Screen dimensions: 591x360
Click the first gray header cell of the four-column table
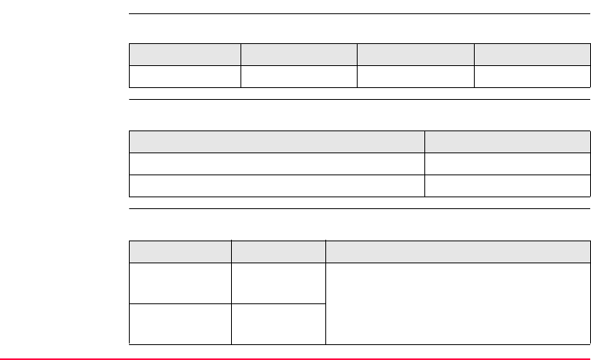(x=185, y=54)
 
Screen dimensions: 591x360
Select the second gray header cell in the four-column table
(x=299, y=54)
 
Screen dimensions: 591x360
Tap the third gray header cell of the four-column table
(x=415, y=54)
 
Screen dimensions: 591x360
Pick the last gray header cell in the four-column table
(x=532, y=54)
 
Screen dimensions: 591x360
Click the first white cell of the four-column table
(x=185, y=75)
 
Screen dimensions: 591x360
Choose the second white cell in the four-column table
(x=299, y=75)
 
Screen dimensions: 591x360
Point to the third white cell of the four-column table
(x=415, y=75)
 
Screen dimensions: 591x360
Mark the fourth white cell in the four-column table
(x=532, y=75)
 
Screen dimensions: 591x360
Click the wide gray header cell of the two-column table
(x=277, y=141)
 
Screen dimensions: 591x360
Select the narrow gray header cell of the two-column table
(x=508, y=141)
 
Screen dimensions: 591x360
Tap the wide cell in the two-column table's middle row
(x=277, y=163)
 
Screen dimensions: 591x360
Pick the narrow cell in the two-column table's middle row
(x=508, y=163)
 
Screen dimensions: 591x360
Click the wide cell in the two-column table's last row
(x=277, y=186)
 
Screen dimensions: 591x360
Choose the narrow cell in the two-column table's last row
(x=508, y=186)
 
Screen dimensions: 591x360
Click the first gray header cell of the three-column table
(x=180, y=251)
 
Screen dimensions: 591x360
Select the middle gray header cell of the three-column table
(x=278, y=251)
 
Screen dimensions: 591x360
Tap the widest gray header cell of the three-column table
(x=457, y=251)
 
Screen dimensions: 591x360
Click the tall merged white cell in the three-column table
(x=457, y=303)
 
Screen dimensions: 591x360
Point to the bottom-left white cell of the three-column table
(x=180, y=323)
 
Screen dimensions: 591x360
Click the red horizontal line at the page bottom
(x=295, y=358)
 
